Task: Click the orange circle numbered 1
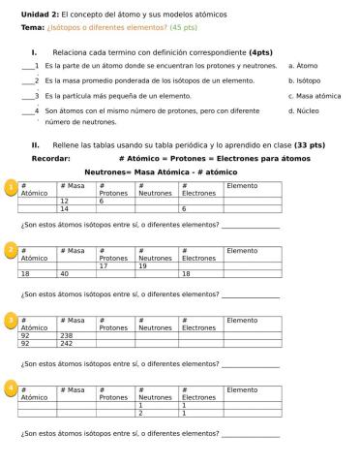pos(11,187)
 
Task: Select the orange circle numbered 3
pos(11,321)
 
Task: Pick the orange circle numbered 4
pos(11,388)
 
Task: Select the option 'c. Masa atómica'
pos(315,96)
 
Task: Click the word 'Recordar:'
pos(51,158)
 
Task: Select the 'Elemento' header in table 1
pos(242,185)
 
